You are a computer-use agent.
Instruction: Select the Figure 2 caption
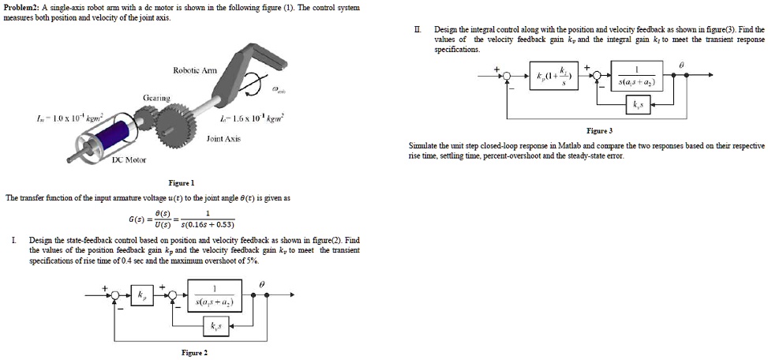tap(194, 353)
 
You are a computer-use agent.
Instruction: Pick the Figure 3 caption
tap(600, 130)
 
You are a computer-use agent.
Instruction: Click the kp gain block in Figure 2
tap(143, 296)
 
